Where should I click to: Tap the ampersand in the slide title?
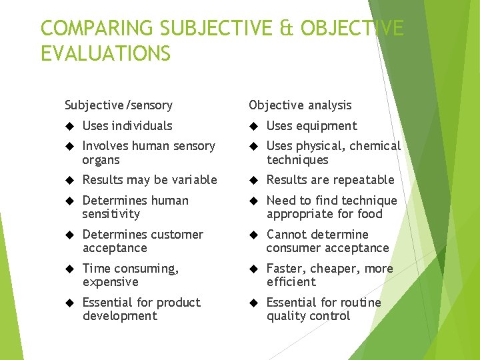pos(287,29)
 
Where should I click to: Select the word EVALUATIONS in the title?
pos(105,53)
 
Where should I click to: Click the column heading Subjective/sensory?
pos(119,105)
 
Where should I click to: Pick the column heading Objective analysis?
pos(300,105)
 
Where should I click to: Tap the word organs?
pos(101,160)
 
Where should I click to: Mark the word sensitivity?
pos(111,214)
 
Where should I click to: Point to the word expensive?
pos(111,282)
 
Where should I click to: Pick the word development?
pos(120,316)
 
